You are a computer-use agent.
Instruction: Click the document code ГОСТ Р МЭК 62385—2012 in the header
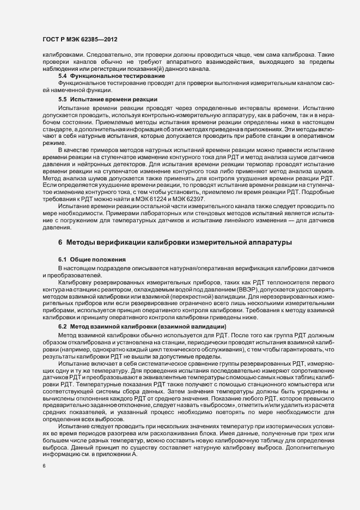(x=80, y=40)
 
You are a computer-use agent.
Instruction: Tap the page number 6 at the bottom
(x=44, y=466)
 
